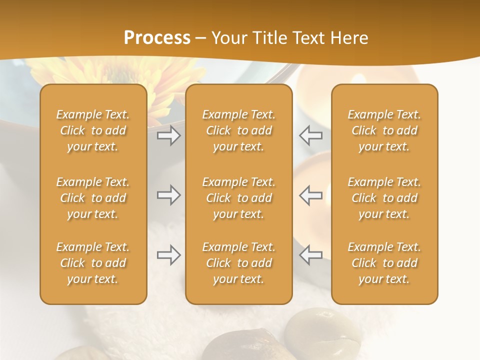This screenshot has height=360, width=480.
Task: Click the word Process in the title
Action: [157, 38]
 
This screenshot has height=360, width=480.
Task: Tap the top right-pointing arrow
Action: [169, 135]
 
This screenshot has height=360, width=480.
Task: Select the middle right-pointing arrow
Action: [169, 195]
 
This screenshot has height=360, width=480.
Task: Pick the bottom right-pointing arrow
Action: [169, 255]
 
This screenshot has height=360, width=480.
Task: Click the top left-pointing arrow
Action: [310, 135]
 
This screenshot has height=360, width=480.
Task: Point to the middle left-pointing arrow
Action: [310, 195]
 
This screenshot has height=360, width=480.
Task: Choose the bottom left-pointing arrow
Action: [310, 255]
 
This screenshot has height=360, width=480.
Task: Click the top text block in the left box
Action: [93, 130]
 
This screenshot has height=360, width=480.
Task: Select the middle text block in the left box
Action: [93, 198]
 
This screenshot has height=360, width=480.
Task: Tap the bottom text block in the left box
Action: [93, 263]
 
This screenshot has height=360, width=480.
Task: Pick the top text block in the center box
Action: [239, 130]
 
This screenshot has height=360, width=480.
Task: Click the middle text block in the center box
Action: [239, 198]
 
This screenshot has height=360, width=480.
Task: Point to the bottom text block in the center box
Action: [239, 263]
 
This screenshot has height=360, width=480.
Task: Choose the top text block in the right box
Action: [384, 130]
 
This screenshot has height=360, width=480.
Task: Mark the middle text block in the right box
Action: [384, 198]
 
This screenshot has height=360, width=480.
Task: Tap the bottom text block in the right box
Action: [384, 263]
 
